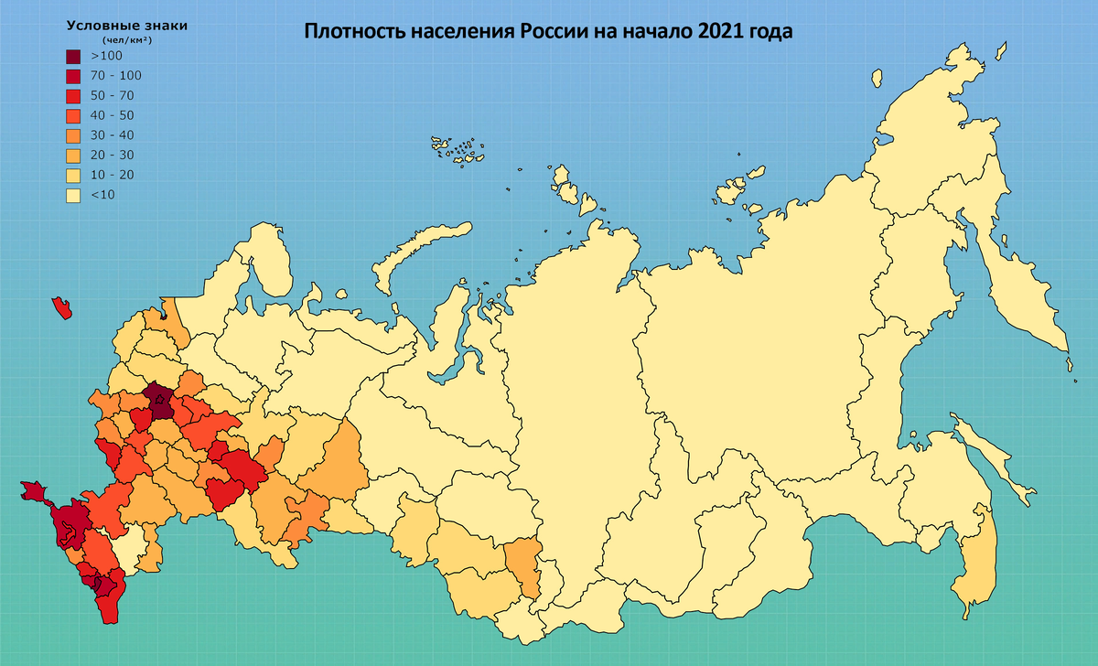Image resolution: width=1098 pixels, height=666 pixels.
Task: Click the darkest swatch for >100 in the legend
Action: (x=74, y=56)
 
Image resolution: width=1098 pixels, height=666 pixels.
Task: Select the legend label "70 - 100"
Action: (x=116, y=76)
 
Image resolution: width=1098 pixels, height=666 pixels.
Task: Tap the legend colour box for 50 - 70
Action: (x=74, y=95)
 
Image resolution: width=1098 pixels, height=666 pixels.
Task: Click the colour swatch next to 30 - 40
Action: (x=74, y=135)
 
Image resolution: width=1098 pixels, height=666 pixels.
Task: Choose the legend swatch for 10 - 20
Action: (x=74, y=175)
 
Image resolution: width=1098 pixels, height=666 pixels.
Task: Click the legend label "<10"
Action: (x=102, y=195)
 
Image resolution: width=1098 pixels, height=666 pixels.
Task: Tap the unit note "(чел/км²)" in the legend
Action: (x=126, y=40)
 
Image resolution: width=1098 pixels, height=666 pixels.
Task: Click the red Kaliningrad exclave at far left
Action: (x=62, y=307)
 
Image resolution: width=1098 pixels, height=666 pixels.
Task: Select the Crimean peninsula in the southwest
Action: (x=34, y=492)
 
